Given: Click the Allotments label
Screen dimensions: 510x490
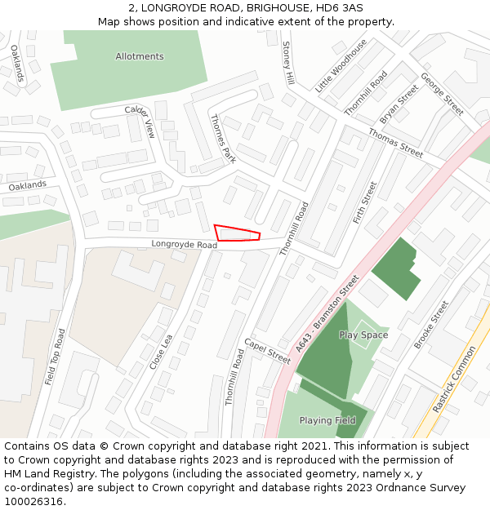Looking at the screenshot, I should [140, 56].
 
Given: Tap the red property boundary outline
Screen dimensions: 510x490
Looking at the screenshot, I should [237, 233].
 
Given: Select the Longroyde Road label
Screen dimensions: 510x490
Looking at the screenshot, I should [184, 245].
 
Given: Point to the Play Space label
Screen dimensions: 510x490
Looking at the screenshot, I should [363, 335].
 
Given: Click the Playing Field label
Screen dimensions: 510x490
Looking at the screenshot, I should [327, 421].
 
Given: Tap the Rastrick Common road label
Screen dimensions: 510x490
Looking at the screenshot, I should [453, 379].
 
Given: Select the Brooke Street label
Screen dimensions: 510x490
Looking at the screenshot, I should [431, 325].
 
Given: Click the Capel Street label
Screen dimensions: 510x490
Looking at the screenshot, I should [267, 351].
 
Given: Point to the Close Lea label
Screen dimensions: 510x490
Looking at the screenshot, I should [161, 352].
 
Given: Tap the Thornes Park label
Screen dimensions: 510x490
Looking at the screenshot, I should [222, 138].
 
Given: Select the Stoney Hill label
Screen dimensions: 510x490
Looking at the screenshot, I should [287, 64].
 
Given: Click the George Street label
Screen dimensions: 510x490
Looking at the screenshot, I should [442, 93].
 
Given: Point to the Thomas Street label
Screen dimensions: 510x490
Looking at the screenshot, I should [395, 143].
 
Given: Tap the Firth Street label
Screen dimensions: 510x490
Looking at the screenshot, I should [364, 202].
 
